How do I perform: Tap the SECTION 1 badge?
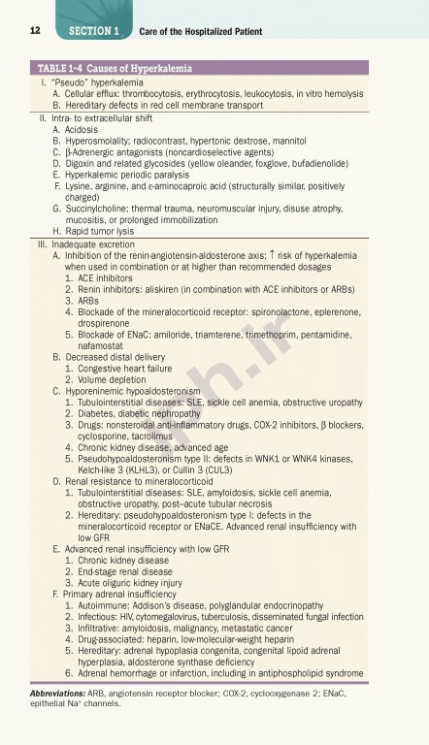coord(94,31)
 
